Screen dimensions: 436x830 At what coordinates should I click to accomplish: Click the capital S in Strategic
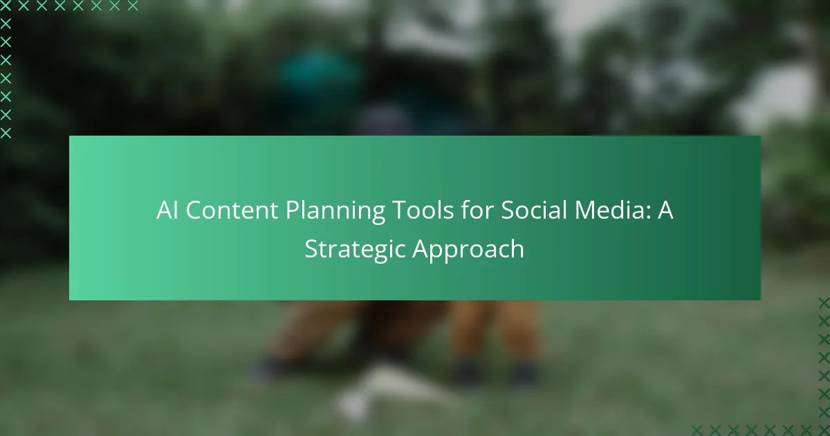(x=311, y=248)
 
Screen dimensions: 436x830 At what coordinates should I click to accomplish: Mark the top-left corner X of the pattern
(x=6, y=6)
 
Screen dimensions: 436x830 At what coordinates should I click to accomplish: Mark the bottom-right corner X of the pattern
(x=823, y=429)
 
